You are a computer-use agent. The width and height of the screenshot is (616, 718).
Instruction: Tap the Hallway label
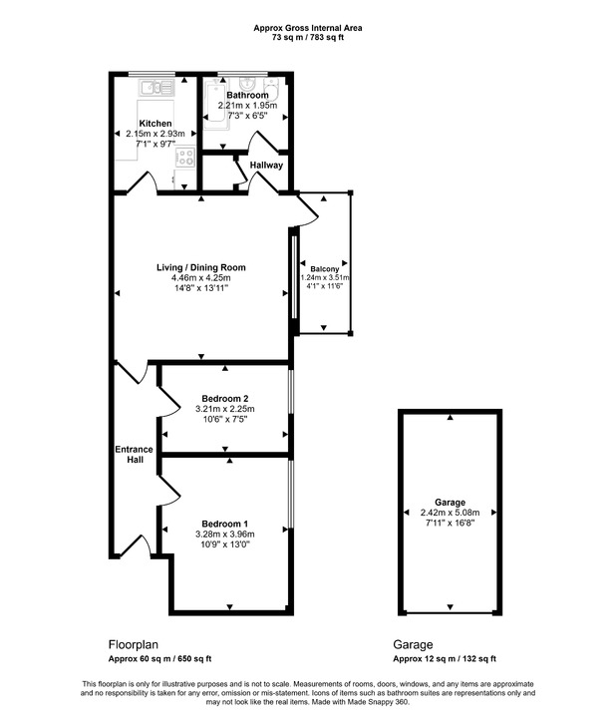coord(266,166)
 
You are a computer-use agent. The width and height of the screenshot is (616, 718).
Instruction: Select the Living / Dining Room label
coord(200,267)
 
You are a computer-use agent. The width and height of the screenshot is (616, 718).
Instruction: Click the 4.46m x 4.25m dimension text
coord(200,278)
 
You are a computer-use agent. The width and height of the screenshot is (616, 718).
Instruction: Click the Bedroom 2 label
coord(224,398)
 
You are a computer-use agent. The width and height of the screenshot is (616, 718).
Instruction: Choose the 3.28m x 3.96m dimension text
coord(224,535)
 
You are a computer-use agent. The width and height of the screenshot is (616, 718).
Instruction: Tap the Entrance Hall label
coord(128,454)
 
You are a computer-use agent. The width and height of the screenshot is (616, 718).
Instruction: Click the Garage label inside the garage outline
coord(450,502)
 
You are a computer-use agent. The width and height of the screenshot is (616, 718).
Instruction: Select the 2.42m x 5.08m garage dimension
coord(450,512)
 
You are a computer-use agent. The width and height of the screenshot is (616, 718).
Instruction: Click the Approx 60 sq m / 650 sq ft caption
coord(159,659)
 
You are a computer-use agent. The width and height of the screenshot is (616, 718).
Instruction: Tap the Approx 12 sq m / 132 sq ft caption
coord(444,659)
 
